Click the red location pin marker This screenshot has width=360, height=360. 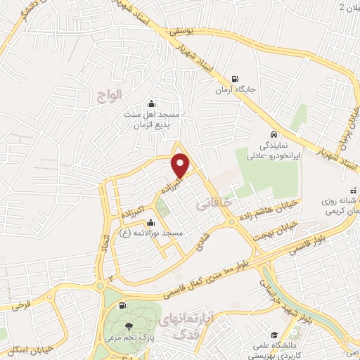click(x=181, y=165)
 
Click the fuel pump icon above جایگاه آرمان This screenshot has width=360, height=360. click(x=235, y=79)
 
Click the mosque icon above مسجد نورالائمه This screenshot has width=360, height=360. click(x=150, y=223)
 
